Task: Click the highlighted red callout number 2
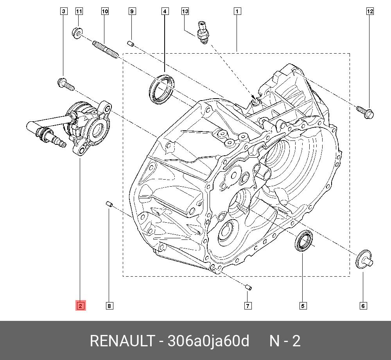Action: coord(80,306)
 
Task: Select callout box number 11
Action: coord(79,11)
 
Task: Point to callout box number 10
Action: coord(105,11)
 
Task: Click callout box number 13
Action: coord(185,11)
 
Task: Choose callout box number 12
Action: coord(370,11)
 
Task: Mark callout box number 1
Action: coord(237,11)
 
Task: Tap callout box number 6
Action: coord(363,306)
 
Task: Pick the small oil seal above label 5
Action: coord(303,241)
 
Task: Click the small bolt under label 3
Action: coord(65,83)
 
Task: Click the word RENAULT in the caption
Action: coord(122,341)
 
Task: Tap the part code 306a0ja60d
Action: coord(208,341)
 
